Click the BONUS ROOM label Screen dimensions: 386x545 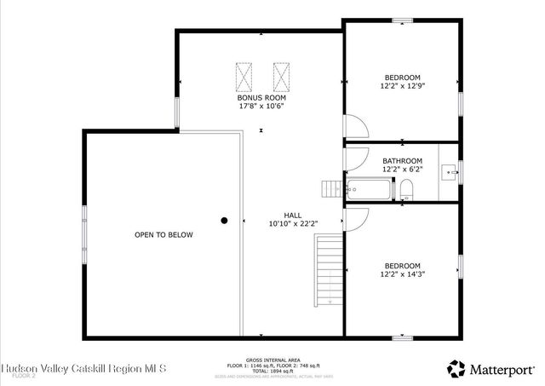point(261,97)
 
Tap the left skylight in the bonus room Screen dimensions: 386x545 point(244,77)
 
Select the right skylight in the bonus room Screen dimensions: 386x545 point(282,77)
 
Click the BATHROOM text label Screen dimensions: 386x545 point(402,160)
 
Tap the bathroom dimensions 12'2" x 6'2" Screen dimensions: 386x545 point(402,170)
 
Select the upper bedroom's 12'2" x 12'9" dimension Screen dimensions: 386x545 point(402,85)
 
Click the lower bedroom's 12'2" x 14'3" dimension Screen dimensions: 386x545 point(402,274)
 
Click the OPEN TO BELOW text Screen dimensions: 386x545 point(163,234)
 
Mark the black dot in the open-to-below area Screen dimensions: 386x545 point(225,220)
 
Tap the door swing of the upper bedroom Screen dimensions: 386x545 point(356,128)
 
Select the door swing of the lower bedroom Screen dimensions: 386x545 point(356,217)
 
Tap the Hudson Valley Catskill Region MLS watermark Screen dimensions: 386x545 point(84,368)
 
